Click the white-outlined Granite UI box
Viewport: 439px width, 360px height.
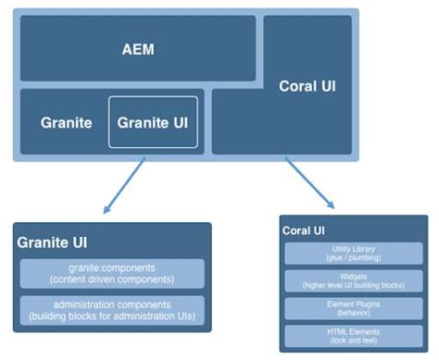point(155,122)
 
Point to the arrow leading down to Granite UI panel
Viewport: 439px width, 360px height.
point(120,185)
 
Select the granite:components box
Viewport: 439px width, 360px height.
point(111,273)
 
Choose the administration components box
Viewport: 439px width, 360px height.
point(111,311)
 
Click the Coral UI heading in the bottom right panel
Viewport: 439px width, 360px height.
point(309,230)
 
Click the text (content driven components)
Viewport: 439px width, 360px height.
point(111,279)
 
